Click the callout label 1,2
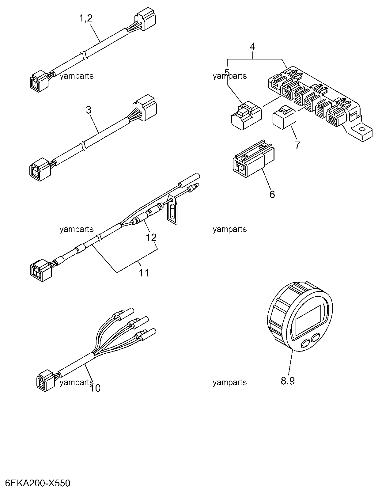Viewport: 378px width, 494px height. [x=86, y=18]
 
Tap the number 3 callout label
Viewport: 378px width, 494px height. [x=89, y=110]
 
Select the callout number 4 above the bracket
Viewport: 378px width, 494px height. [x=252, y=47]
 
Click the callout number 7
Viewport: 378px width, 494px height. [x=297, y=145]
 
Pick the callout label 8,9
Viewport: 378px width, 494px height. [x=288, y=381]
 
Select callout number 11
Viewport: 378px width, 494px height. [x=144, y=273]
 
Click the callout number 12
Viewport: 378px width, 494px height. [x=151, y=237]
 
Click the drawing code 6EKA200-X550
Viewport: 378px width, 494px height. [x=38, y=483]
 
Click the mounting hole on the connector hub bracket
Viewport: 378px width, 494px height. [x=362, y=129]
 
